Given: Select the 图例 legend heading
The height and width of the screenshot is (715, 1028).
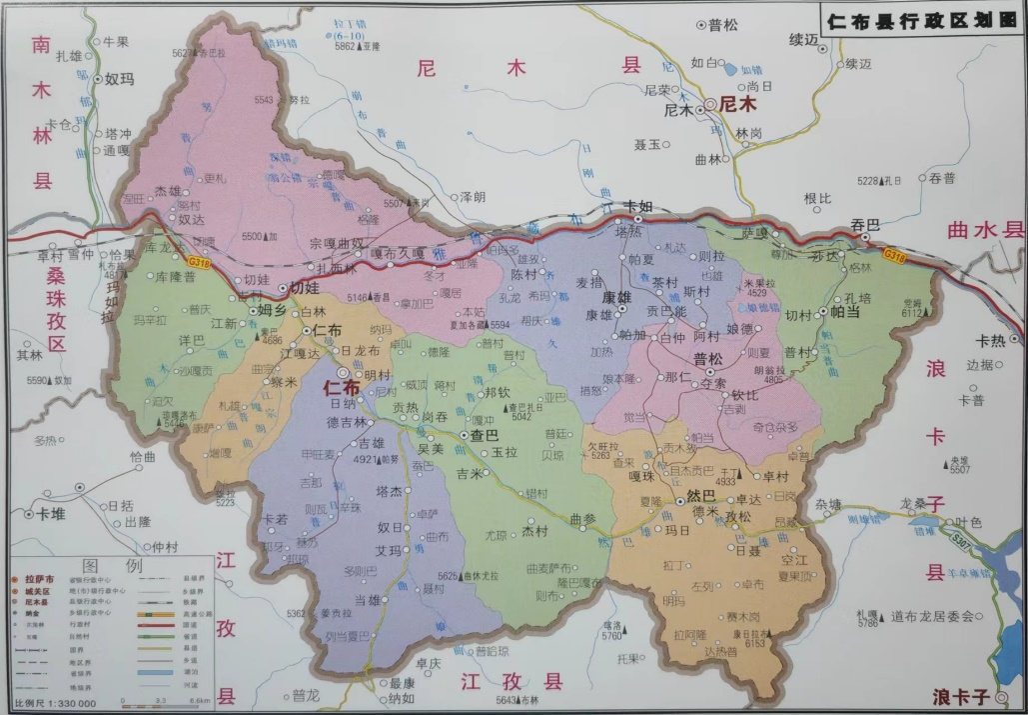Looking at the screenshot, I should tap(105, 566).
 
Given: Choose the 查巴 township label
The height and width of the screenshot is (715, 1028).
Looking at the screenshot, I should tap(485, 437).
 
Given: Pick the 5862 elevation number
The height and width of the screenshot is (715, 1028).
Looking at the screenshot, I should tap(346, 46).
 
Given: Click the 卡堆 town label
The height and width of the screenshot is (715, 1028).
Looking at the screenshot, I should tap(51, 513).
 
